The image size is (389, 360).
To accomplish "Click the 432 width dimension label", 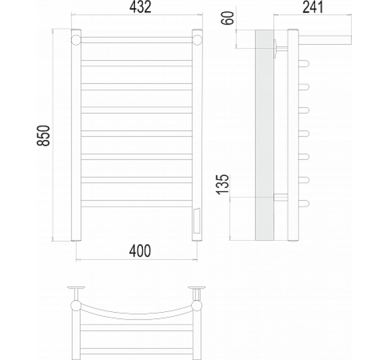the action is coord(140,7).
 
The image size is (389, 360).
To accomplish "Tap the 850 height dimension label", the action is coord(43,135).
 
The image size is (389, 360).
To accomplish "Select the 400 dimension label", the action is coord(140,251).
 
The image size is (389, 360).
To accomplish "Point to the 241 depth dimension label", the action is coord(313,7).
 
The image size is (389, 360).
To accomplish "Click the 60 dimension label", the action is coord(228,18).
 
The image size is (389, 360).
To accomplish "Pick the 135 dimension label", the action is coord(223,184).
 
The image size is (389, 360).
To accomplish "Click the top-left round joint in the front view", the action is coord(76,40).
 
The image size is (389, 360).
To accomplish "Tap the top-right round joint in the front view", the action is coord(197,40).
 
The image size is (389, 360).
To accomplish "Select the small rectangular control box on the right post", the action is coord(197,221).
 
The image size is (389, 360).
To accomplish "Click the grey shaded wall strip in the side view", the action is coord(264,135).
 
